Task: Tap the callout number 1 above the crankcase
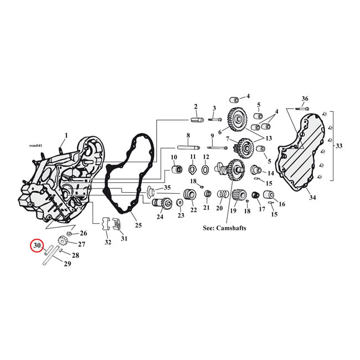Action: pos(66,135)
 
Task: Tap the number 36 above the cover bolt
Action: pos(305,99)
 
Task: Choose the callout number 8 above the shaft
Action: pos(188,135)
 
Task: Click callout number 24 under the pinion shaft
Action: pos(160,217)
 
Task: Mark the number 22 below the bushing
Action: pos(193,210)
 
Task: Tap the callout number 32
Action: pos(107,243)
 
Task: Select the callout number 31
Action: pos(124,239)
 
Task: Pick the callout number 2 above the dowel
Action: pos(196,106)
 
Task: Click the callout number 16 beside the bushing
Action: pos(282,204)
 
